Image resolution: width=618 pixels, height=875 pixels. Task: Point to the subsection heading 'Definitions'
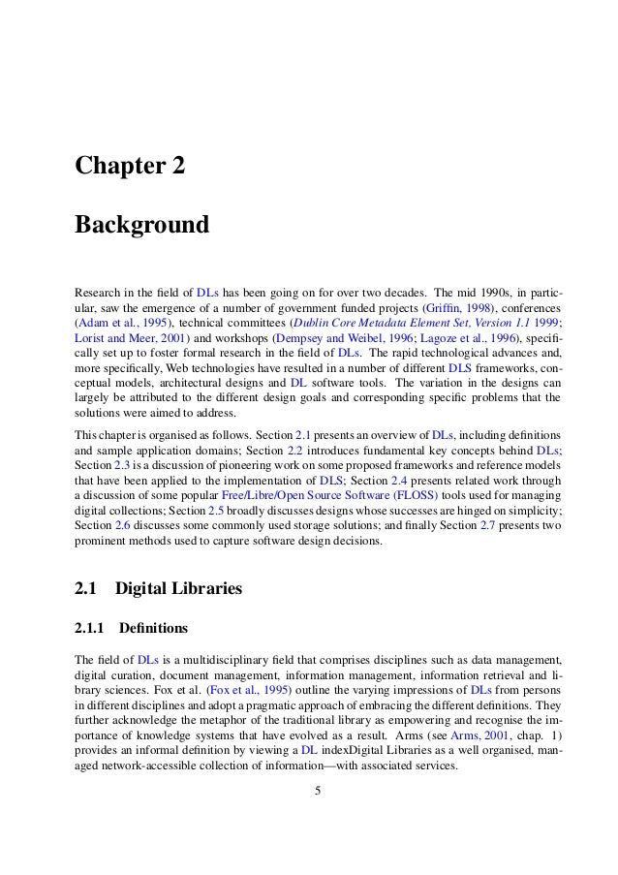[153, 627]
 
